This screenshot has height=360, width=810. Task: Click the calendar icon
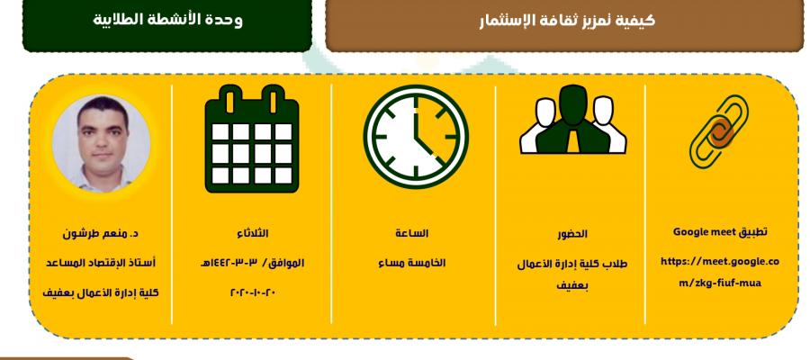[252, 139]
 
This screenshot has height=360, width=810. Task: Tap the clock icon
[416, 137]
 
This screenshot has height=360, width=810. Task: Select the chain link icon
[719, 131]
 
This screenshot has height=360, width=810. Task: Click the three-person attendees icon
[573, 120]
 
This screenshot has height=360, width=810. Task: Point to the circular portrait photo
[101, 142]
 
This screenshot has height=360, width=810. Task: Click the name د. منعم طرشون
[100, 233]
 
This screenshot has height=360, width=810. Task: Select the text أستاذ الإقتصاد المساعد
[100, 263]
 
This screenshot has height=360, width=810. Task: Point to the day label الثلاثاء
[252, 233]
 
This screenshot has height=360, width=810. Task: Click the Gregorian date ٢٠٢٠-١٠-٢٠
[253, 292]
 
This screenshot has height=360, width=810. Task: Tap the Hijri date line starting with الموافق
[252, 263]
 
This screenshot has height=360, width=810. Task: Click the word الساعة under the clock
[411, 233]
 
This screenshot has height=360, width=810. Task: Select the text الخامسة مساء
[411, 263]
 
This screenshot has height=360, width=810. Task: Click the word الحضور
[572, 234]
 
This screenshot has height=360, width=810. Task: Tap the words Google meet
[699, 232]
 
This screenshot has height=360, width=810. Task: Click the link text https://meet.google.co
[720, 261]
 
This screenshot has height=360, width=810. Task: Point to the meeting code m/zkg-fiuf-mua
[720, 283]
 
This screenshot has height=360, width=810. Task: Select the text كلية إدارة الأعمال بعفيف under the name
[100, 292]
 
